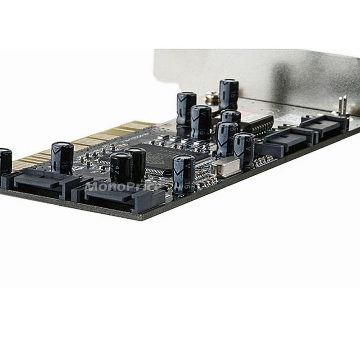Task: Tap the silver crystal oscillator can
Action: tap(223, 168)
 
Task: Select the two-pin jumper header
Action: tap(342, 106)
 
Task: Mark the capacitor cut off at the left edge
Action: tap(5, 162)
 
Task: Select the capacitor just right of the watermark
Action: tap(184, 174)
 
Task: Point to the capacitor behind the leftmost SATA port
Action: tap(62, 157)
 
